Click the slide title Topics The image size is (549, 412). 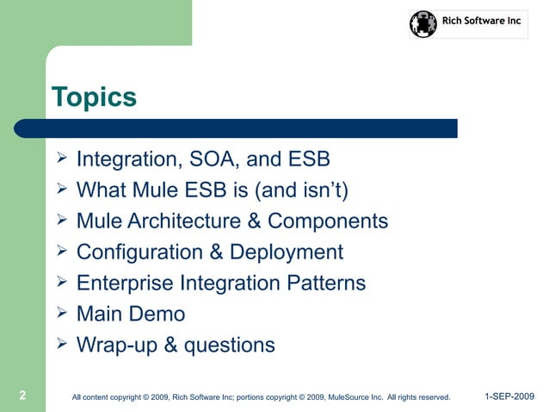point(94,97)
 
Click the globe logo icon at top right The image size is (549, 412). point(423,24)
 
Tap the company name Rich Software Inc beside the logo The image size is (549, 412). point(481,21)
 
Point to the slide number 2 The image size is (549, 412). point(23,396)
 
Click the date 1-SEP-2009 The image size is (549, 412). point(509,396)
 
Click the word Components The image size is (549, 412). point(328,222)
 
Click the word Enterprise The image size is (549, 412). point(125,284)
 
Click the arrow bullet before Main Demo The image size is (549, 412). point(61,314)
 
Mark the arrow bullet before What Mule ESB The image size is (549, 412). point(61,190)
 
